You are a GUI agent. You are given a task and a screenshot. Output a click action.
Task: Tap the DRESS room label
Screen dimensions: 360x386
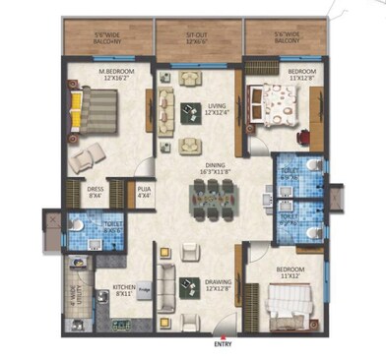point(96,191)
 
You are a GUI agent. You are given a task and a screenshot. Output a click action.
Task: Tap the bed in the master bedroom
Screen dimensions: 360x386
point(97,110)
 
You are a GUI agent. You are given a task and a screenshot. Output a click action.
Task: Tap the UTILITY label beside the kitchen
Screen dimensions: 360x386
point(75,295)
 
